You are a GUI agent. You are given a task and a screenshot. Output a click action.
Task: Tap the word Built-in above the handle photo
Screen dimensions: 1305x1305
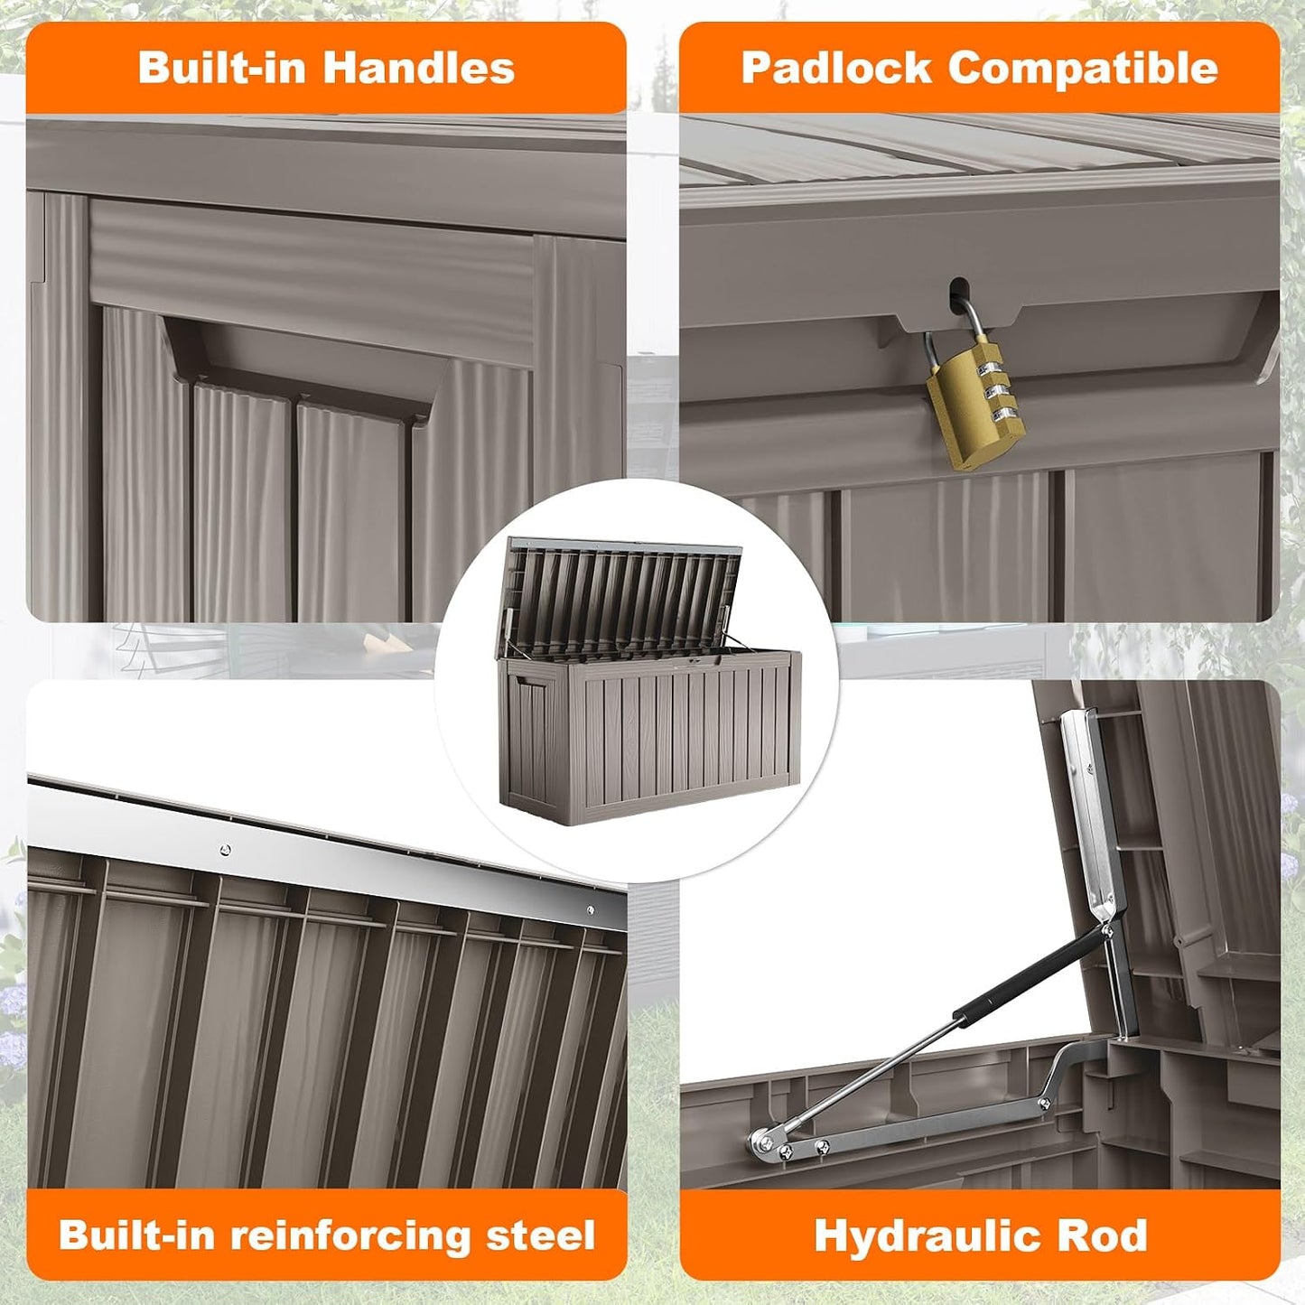221,68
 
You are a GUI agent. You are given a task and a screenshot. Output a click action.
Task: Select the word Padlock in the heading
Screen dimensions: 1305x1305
836,68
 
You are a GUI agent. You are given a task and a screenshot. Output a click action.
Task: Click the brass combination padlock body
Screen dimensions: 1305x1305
975,406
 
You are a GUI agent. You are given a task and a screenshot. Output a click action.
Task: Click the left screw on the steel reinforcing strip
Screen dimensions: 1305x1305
226,850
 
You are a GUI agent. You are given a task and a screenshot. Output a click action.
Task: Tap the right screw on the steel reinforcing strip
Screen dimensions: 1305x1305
590,910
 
